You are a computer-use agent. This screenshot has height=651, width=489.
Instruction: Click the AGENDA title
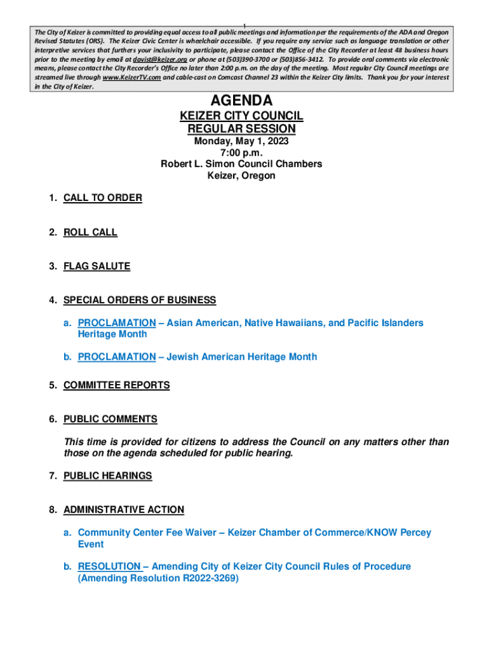click(241, 100)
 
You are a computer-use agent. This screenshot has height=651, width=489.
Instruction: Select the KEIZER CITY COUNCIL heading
click(241, 116)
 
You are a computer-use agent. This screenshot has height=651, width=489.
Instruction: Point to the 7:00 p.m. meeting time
click(241, 153)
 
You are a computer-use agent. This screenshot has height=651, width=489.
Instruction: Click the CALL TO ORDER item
click(103, 198)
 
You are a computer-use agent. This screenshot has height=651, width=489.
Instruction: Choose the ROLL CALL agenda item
click(90, 232)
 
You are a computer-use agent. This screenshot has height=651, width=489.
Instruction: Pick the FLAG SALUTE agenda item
click(97, 266)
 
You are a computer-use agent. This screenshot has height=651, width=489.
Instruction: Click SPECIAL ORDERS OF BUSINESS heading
click(140, 300)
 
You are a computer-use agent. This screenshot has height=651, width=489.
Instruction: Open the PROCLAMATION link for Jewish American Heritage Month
click(116, 357)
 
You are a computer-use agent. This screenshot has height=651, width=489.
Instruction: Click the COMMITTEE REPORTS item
click(117, 385)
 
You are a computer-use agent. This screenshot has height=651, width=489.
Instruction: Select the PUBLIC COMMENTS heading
click(111, 419)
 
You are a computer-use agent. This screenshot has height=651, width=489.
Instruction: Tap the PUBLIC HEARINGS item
click(108, 476)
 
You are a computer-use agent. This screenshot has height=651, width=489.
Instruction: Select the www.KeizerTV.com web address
click(131, 77)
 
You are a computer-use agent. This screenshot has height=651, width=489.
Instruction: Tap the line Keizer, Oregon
click(241, 175)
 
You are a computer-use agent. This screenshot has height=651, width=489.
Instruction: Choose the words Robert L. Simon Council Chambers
click(241, 164)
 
